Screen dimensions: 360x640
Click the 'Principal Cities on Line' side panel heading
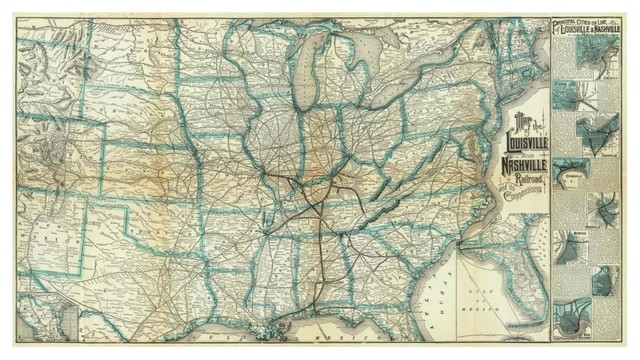tap(579, 25)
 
